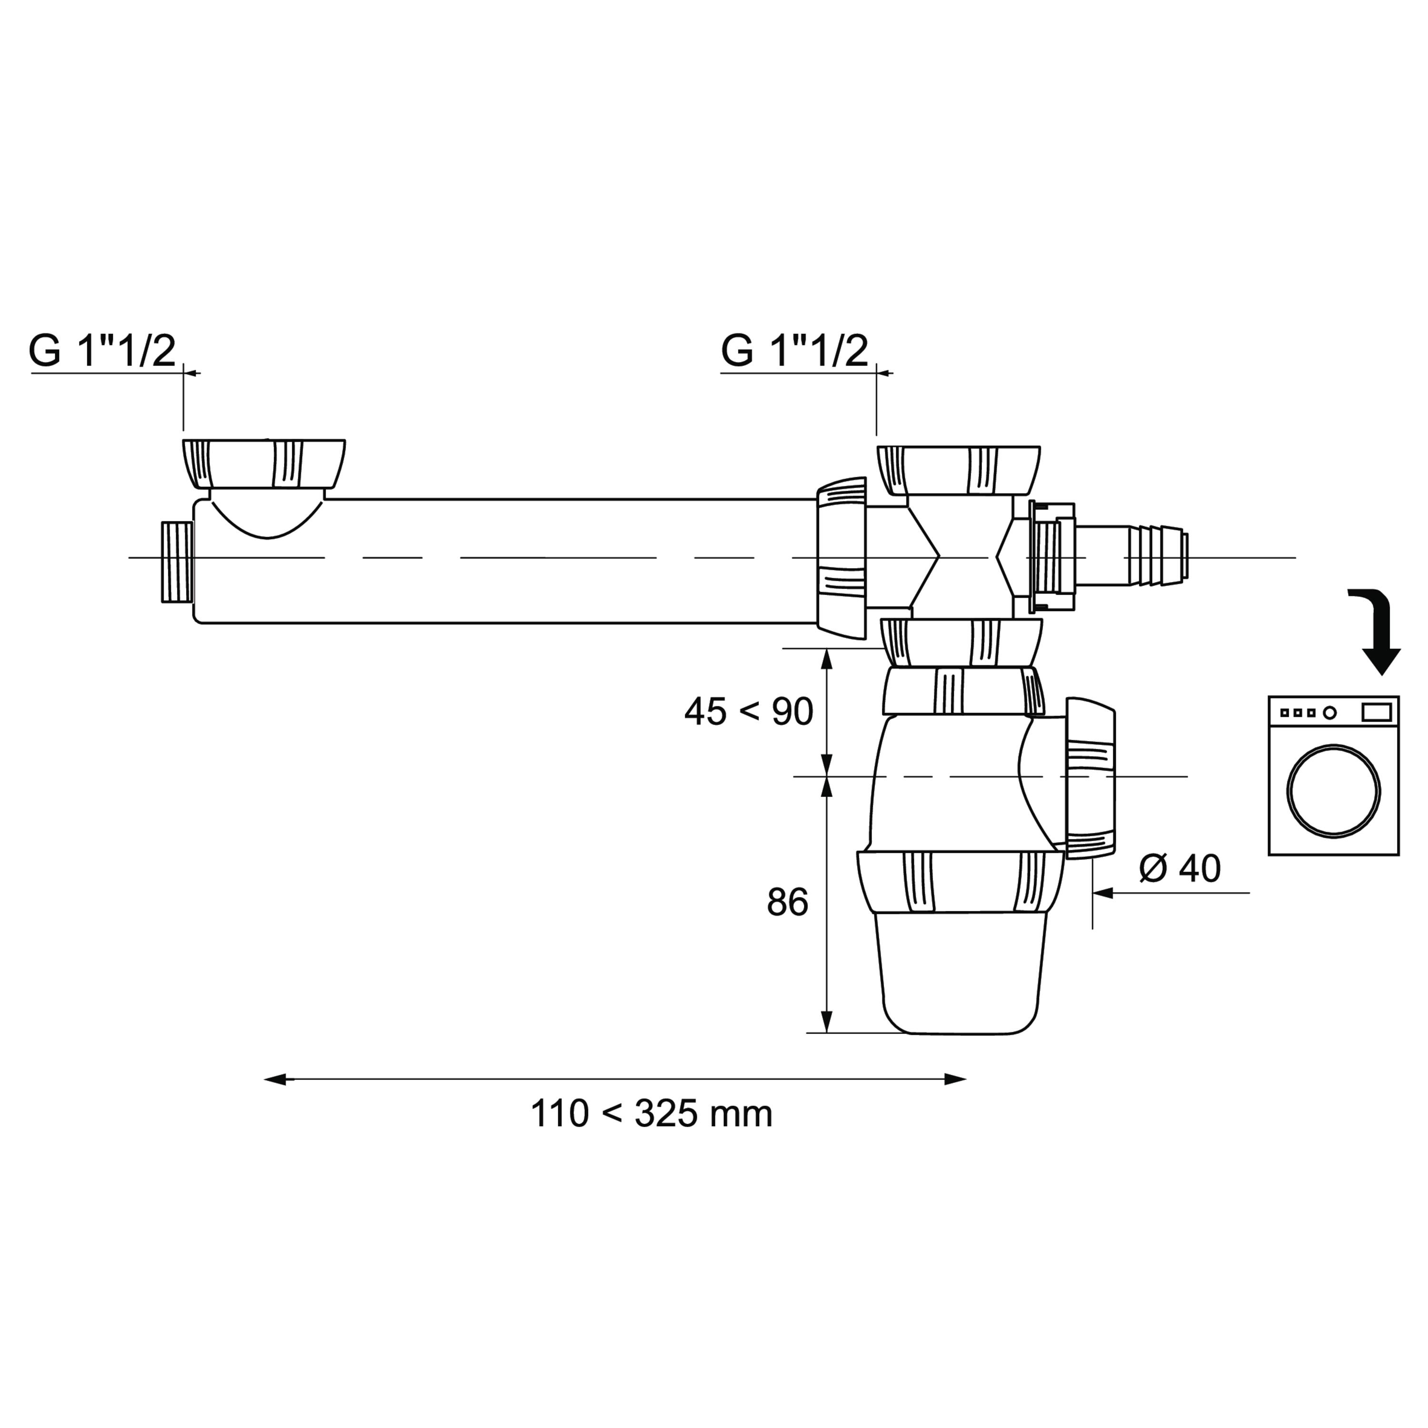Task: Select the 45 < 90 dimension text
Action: coord(749,712)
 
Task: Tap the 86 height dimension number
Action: coord(787,902)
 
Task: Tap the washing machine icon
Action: coord(1333,775)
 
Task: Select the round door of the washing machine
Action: coord(1333,791)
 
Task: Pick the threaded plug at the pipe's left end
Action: coord(177,562)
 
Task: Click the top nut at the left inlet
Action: coord(264,464)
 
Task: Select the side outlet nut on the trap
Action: coord(1090,778)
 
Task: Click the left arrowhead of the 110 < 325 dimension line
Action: coord(275,1080)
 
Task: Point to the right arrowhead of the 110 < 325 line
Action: coord(955,1080)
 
